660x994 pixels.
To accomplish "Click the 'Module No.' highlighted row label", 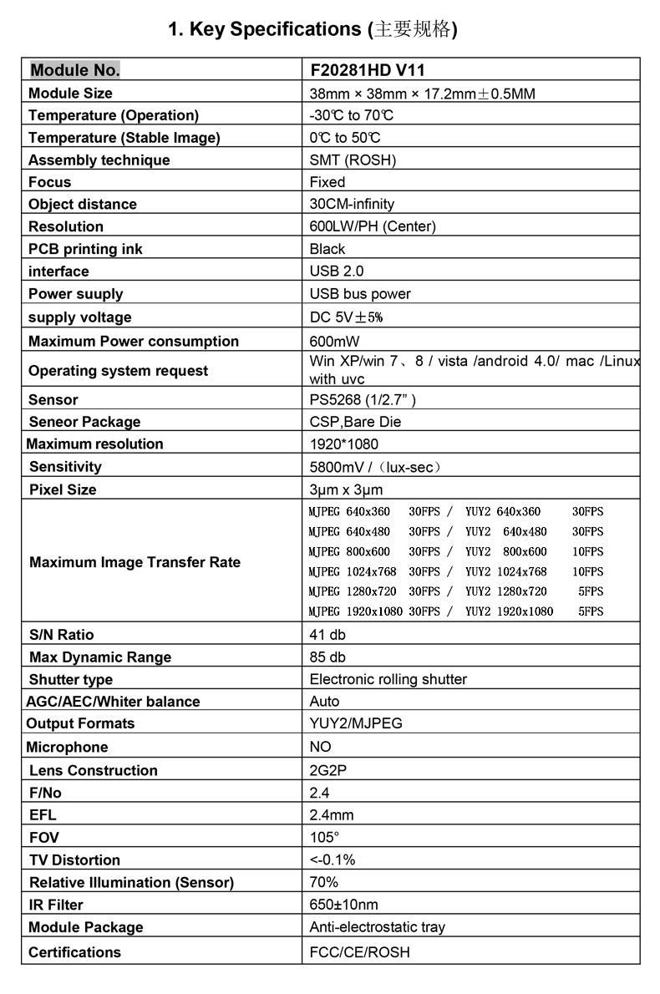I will click(75, 69).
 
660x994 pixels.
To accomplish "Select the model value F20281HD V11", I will click(367, 70).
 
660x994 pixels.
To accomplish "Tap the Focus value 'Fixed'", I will click(327, 182).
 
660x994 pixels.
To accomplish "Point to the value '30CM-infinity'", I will click(352, 204).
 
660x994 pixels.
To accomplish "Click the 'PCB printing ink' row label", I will click(85, 249).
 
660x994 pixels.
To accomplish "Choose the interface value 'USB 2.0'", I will click(337, 271).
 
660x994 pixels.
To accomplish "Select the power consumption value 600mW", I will click(335, 341).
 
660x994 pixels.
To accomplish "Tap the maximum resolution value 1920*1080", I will click(343, 444).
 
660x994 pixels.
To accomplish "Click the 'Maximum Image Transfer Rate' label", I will click(135, 562).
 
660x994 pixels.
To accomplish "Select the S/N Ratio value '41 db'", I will click(327, 635).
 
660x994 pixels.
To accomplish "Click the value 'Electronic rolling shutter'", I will click(388, 679).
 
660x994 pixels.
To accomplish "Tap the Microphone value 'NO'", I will click(320, 747).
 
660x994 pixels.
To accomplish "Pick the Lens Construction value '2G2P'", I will click(327, 770).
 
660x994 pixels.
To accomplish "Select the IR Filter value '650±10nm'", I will click(343, 905).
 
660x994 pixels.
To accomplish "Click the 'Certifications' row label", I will click(74, 952).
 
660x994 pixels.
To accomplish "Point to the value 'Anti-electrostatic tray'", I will click(378, 927).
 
